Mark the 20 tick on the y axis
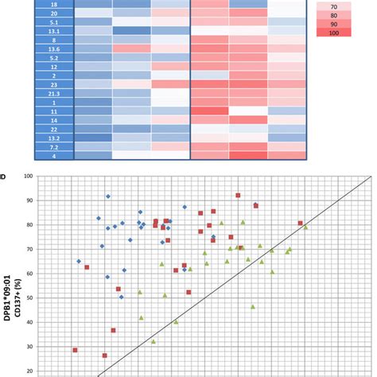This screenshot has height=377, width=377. (x=29, y=371)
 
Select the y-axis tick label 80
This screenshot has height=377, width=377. (x=29, y=225)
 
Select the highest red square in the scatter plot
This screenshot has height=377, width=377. (x=238, y=195)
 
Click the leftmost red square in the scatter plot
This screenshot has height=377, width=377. (x=76, y=350)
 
